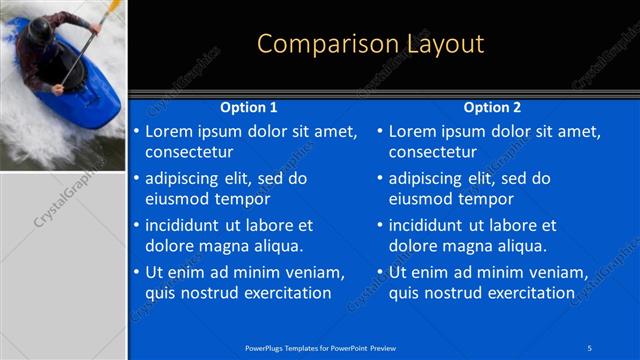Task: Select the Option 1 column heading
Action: click(x=248, y=107)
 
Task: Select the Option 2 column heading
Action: click(x=492, y=107)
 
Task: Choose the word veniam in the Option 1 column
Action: click(x=315, y=272)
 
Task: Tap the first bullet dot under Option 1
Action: click(x=136, y=132)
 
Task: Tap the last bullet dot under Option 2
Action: click(x=380, y=272)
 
